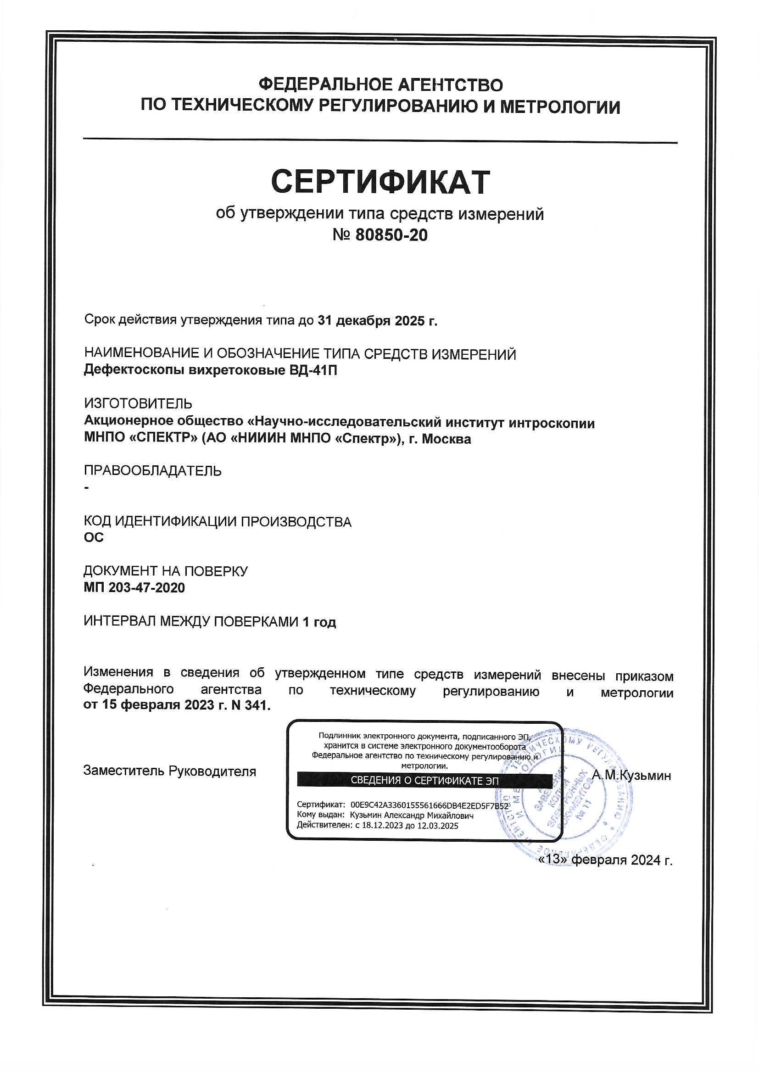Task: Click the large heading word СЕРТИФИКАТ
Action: point(380,182)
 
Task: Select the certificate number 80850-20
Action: point(391,235)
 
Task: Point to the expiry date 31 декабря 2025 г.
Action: point(378,321)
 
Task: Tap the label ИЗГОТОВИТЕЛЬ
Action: point(138,403)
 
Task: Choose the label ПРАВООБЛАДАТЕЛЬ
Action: point(152,470)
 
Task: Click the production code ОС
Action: point(94,537)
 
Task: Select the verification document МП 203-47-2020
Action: point(134,587)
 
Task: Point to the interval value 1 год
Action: point(319,622)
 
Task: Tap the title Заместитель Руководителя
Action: point(170,771)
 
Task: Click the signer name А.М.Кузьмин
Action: point(631,776)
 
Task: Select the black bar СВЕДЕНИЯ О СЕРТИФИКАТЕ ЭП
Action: point(424,781)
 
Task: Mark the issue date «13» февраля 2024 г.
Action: point(606,860)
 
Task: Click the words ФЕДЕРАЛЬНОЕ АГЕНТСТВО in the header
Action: point(380,84)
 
